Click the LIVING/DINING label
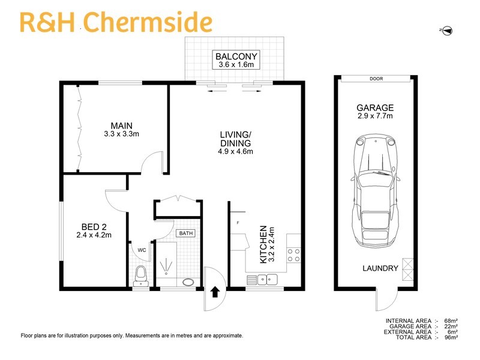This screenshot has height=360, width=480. [x=235, y=143]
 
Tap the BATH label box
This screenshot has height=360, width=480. [x=184, y=233]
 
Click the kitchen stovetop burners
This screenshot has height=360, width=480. [x=294, y=254]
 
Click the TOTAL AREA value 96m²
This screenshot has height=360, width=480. [x=451, y=338]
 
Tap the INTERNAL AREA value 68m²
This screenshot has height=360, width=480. [x=451, y=321]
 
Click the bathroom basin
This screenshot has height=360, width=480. [x=188, y=281]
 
